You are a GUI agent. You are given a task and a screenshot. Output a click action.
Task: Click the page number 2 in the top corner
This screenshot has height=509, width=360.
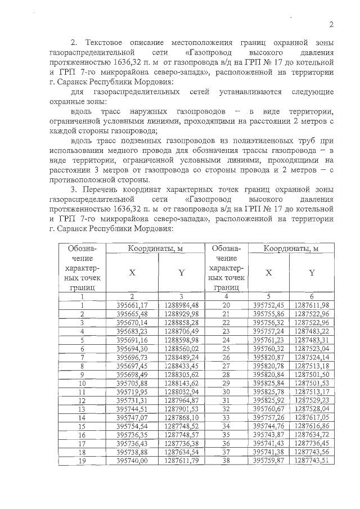pos(331,24)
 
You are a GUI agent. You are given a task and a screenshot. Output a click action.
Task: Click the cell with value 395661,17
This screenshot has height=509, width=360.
pos(132,304)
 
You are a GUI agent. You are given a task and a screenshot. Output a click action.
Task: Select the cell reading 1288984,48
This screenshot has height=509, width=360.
pos(182,304)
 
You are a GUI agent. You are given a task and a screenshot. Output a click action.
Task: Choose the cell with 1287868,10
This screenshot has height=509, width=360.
pos(182,418)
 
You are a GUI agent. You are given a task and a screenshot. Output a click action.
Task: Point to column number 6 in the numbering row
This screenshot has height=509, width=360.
pos(312,296)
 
